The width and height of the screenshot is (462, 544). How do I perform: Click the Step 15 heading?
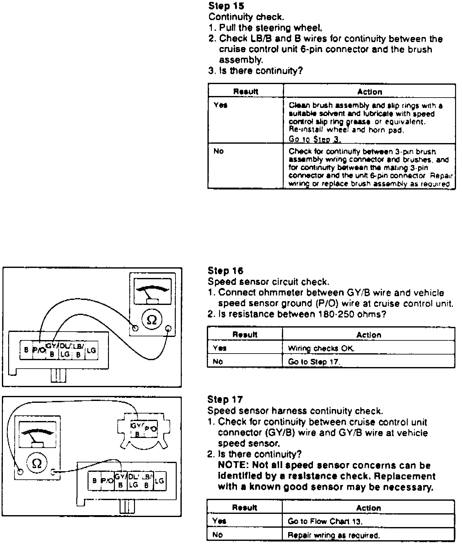tap(226, 6)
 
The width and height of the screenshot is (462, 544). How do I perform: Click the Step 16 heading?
tap(225, 271)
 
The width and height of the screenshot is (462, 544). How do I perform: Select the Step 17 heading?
tap(225, 399)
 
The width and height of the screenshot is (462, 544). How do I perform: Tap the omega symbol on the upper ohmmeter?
tap(152, 320)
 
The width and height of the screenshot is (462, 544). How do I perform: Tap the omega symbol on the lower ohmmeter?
tap(37, 463)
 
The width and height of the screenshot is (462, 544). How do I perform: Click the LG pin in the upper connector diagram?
tap(92, 350)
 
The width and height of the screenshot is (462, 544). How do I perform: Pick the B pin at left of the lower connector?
tap(94, 481)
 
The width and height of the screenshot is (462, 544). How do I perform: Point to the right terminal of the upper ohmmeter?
tap(168, 328)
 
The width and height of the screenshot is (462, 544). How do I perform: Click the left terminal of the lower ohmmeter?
tap(20, 472)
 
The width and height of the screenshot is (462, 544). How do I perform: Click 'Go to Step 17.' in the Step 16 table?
tap(314, 362)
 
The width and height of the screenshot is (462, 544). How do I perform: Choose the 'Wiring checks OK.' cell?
tap(321, 348)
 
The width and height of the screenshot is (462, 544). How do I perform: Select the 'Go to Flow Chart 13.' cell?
tap(325, 521)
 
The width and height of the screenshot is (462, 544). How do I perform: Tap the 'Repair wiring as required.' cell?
tap(334, 535)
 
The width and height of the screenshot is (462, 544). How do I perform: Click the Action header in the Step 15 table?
tap(369, 92)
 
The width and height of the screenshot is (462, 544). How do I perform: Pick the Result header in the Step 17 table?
tap(244, 508)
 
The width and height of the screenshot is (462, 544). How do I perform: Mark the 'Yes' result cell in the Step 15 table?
tap(221, 105)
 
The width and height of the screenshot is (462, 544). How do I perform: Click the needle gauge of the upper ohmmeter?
tap(152, 292)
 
